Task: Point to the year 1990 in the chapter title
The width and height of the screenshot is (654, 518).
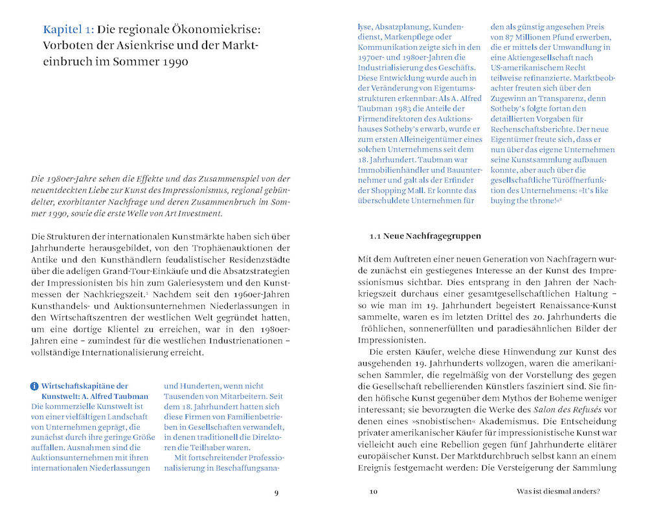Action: coord(175,63)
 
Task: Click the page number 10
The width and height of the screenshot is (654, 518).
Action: coord(373,491)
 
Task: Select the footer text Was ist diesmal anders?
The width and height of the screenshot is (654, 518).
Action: coord(558,491)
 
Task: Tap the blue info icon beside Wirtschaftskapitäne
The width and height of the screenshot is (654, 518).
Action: coord(34,387)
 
